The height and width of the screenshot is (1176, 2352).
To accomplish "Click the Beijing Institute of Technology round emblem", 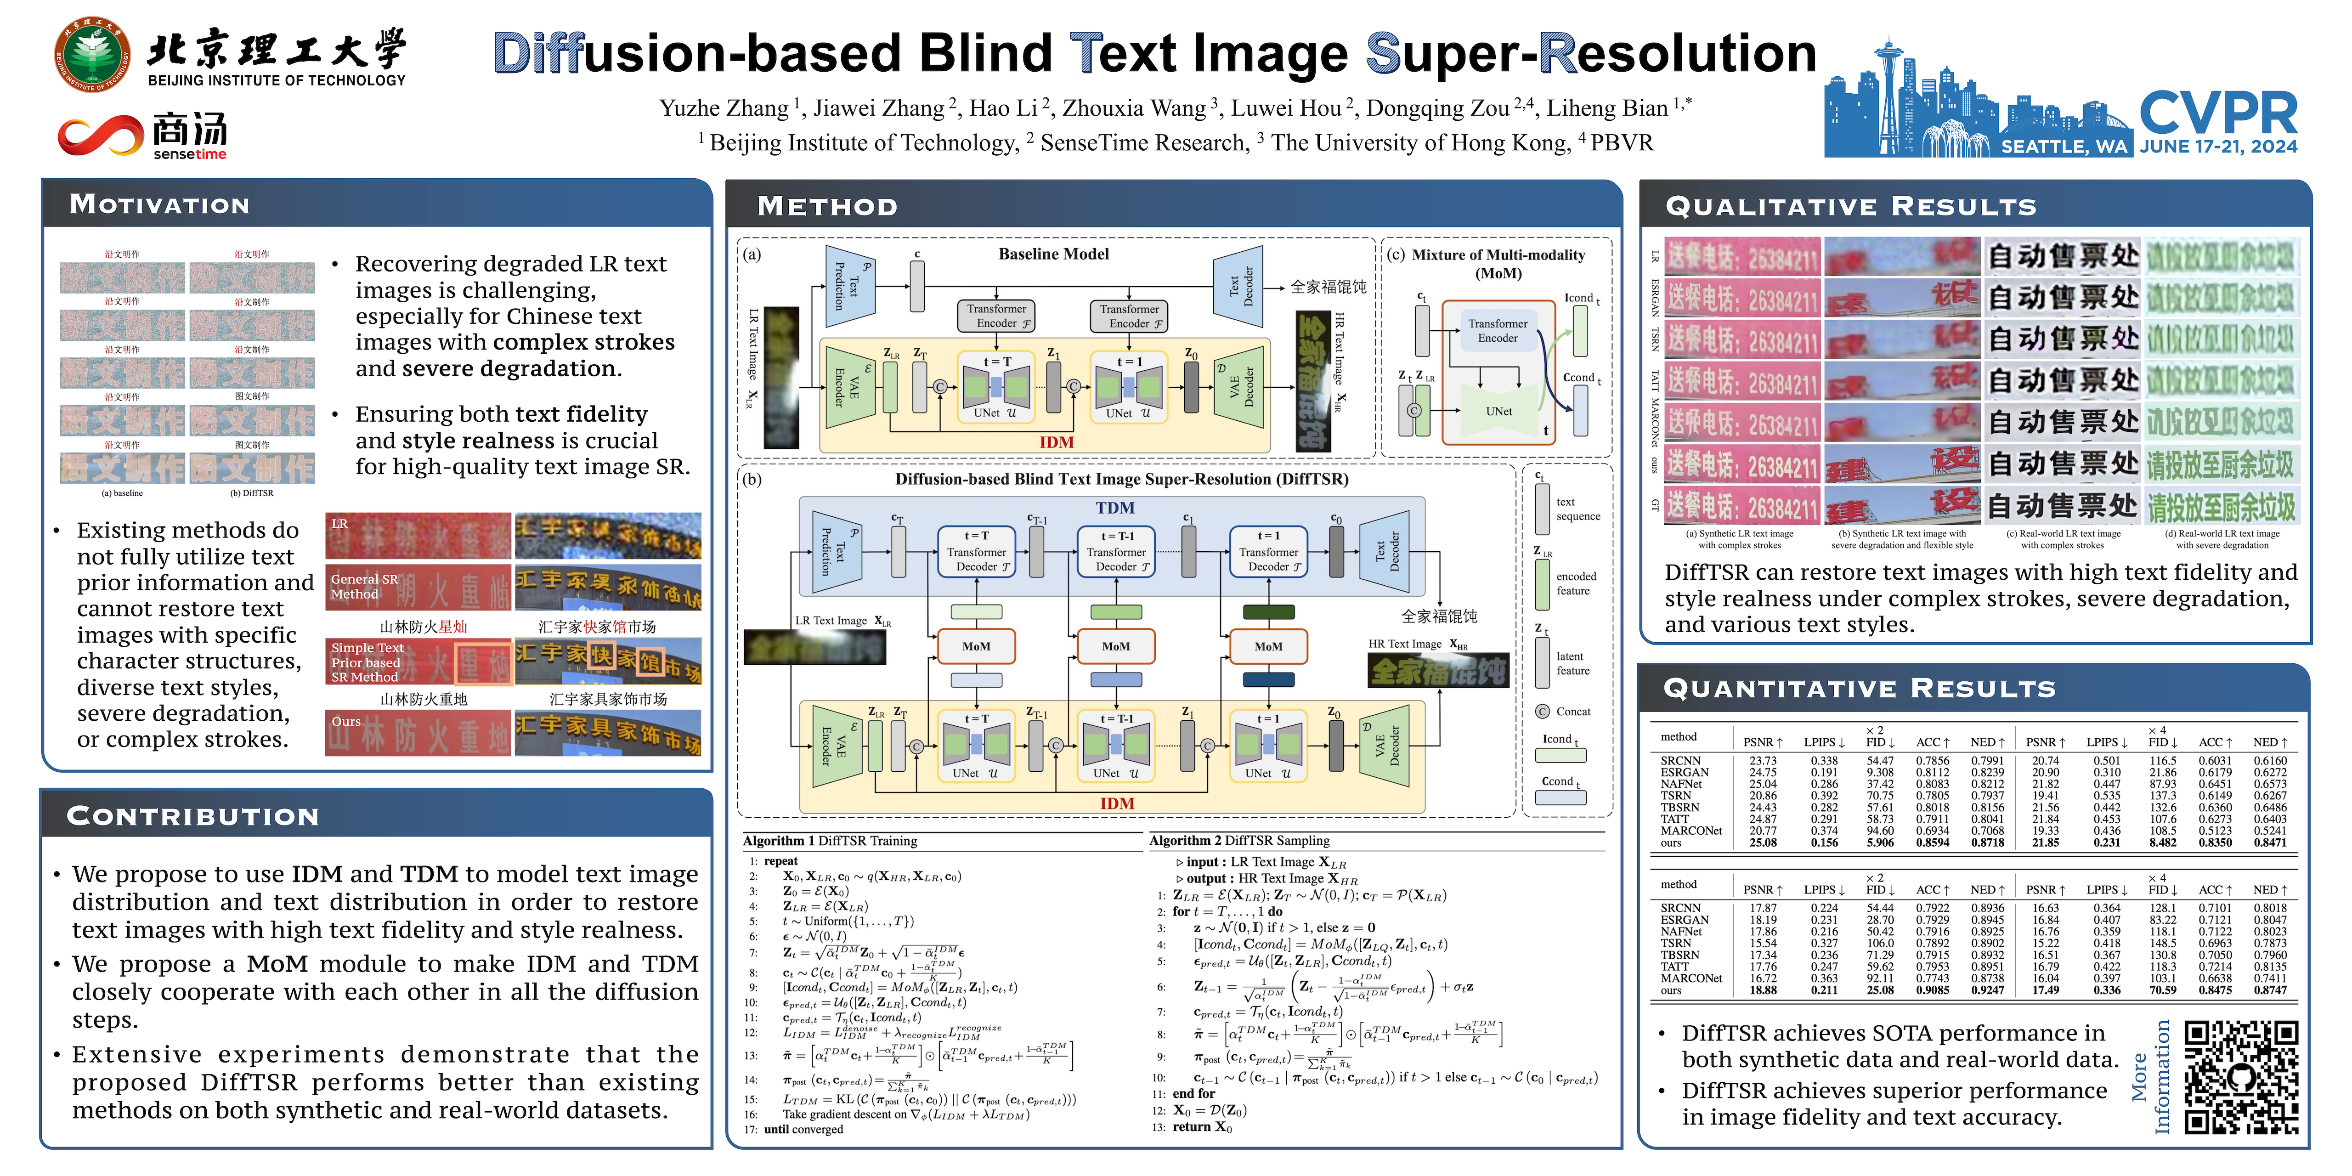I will [x=91, y=54].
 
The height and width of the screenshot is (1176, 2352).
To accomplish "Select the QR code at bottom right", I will [x=2241, y=1077].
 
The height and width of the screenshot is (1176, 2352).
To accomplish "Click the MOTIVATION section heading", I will [x=160, y=204].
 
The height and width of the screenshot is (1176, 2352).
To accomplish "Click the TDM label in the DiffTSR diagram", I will [x=1115, y=508].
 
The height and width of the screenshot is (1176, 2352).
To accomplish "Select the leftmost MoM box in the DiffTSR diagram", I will [x=976, y=646].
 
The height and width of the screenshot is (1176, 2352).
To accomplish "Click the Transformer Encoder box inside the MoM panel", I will [x=1498, y=331].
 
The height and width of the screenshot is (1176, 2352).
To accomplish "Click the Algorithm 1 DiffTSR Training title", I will [x=830, y=841].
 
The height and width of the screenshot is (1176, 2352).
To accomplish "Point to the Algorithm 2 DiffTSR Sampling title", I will [x=1239, y=841].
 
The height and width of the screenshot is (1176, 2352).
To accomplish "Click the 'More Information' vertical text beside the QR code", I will [x=2150, y=1077].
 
